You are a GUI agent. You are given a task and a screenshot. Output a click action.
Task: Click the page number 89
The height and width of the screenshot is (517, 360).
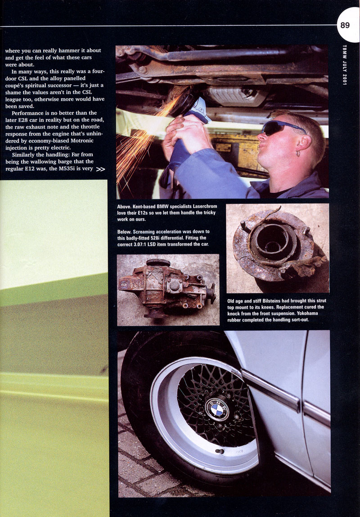(x=345, y=25)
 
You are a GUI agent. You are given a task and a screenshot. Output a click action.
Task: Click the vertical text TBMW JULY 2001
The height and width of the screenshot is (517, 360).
(x=344, y=66)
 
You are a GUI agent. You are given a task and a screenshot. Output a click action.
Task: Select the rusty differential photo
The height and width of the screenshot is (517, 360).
(x=168, y=289)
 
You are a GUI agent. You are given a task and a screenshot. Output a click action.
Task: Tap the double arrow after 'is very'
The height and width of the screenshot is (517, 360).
(x=101, y=170)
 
